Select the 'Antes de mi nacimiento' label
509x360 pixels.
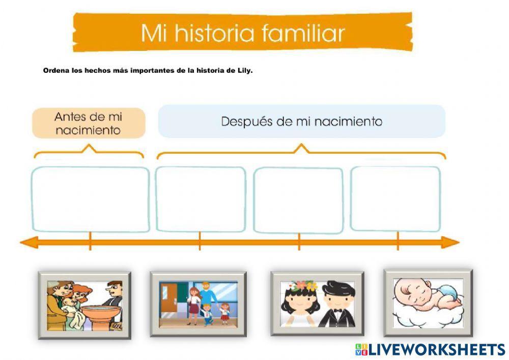89,123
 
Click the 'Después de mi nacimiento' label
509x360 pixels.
301,122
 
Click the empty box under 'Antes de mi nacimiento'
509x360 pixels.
90,199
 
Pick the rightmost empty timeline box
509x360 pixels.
395,199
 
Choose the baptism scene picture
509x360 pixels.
84,304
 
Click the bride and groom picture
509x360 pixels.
317,303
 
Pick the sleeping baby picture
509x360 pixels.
428,302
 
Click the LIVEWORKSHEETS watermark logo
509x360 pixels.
430,349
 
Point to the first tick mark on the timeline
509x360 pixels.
90,241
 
